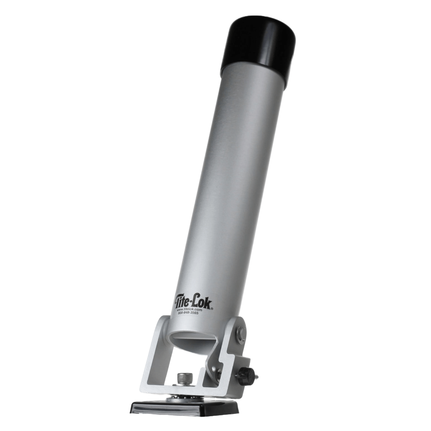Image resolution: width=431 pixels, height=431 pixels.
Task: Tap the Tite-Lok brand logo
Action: pyautogui.click(x=193, y=302)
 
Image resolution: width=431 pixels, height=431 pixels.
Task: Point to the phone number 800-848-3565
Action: pyautogui.click(x=187, y=313)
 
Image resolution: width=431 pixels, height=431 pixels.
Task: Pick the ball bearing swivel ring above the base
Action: pyautogui.click(x=184, y=397)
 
